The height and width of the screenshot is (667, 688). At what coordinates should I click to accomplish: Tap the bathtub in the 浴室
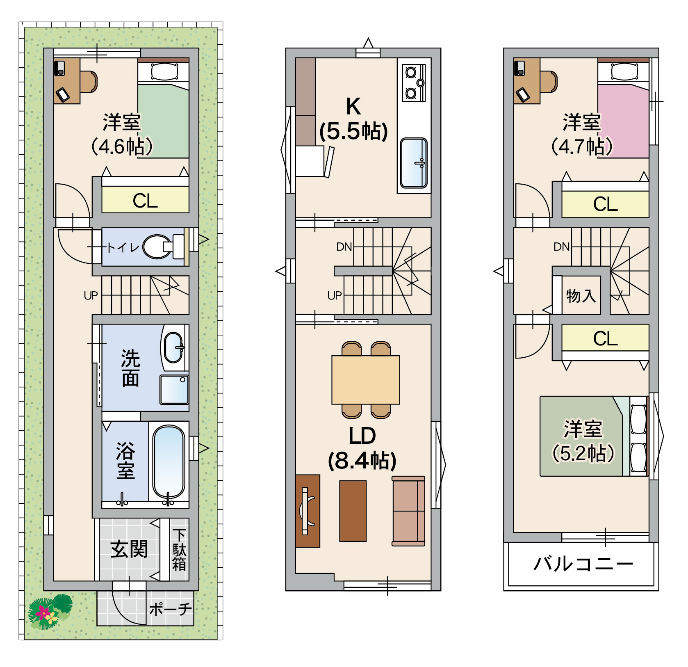click(x=169, y=461)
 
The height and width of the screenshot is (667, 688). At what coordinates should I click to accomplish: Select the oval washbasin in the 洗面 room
click(x=174, y=347)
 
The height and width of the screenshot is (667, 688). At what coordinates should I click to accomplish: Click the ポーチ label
click(x=171, y=609)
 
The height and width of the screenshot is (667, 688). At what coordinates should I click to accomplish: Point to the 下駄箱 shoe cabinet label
click(x=179, y=550)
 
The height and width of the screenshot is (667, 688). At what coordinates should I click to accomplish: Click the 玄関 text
click(x=129, y=549)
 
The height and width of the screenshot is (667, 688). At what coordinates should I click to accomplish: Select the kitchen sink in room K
click(x=414, y=163)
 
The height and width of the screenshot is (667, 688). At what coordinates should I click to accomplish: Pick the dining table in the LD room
click(x=366, y=380)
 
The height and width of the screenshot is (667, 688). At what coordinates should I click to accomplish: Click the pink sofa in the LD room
click(x=408, y=511)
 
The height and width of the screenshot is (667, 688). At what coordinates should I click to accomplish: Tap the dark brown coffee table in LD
click(x=353, y=511)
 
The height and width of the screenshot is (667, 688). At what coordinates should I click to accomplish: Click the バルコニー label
click(x=583, y=564)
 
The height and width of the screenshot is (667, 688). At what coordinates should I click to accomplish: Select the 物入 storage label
click(x=581, y=295)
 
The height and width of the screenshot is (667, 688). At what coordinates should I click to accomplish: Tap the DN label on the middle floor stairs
click(x=344, y=247)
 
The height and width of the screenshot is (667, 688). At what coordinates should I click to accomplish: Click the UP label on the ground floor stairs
click(x=91, y=295)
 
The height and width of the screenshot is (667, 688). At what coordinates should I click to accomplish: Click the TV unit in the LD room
click(x=308, y=511)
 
